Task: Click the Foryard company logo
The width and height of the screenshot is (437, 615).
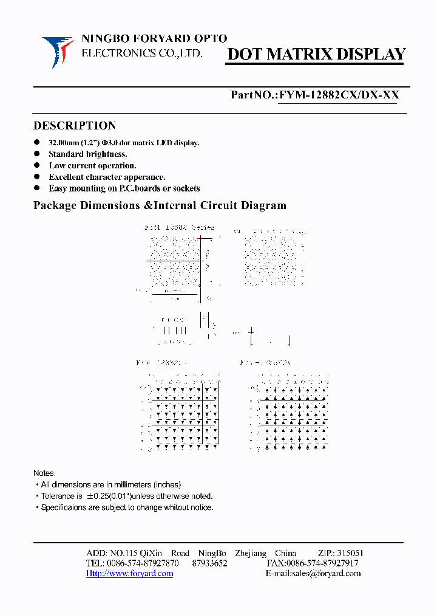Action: (x=58, y=51)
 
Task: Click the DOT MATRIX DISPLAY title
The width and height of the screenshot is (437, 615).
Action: (x=316, y=55)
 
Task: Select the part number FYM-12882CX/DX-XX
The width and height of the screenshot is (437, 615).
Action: (x=337, y=95)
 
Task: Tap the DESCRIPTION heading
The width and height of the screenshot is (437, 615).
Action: (x=74, y=126)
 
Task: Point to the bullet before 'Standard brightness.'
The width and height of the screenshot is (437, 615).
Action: (x=36, y=154)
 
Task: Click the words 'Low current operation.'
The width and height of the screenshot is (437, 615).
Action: (x=92, y=165)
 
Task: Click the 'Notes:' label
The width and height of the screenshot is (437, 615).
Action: (x=44, y=473)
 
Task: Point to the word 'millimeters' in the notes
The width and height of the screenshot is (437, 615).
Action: (x=129, y=484)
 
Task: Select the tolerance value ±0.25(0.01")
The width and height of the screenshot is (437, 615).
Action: (x=115, y=496)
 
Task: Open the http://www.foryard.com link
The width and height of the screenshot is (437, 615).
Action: (x=129, y=574)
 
